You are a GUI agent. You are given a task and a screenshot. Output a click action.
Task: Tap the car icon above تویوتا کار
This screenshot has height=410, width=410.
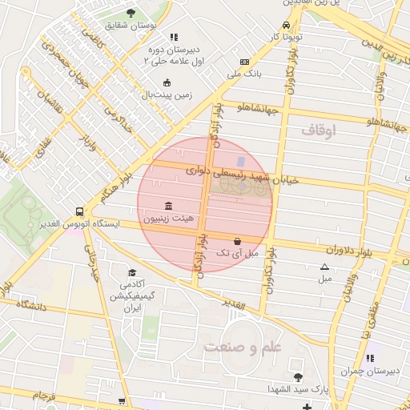click(287, 25)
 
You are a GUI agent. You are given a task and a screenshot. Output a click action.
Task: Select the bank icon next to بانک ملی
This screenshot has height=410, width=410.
click(244, 62)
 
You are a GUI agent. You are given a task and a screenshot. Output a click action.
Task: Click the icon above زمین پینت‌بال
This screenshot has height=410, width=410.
click(167, 82)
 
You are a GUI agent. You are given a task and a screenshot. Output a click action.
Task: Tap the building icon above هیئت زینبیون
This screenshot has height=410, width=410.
click(167, 206)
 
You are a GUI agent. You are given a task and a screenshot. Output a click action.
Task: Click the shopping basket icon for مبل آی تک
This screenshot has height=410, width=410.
click(237, 241)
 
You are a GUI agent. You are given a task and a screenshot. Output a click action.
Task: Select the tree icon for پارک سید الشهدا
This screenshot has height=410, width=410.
click(299, 376)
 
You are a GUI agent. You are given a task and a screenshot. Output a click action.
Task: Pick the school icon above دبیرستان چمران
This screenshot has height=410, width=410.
click(369, 358)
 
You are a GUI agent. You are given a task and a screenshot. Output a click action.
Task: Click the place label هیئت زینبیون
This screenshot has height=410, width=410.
click(167, 218)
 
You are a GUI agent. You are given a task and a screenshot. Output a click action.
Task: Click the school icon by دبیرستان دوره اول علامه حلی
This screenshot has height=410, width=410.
click(175, 37)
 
